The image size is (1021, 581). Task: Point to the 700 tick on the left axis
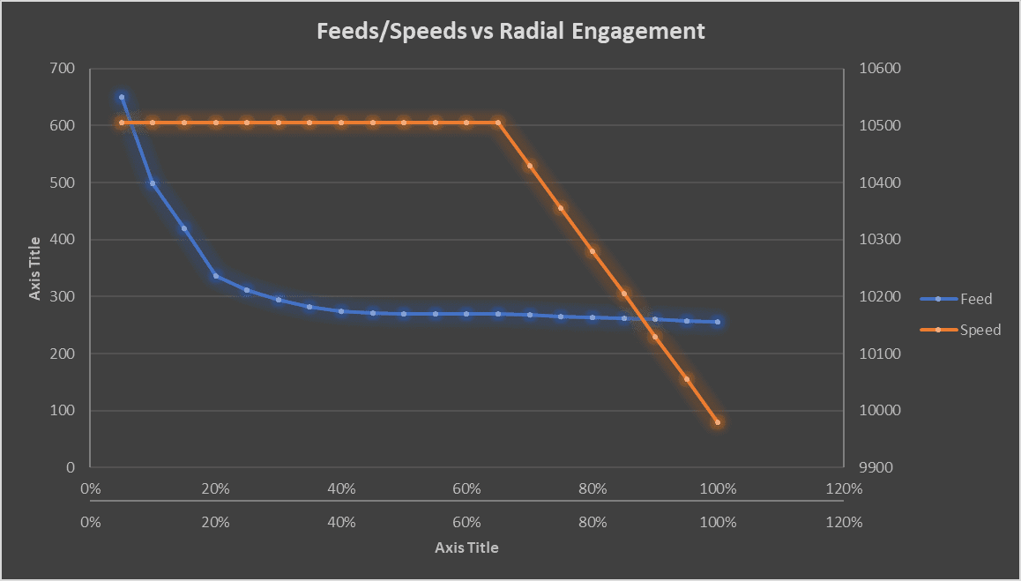(x=63, y=69)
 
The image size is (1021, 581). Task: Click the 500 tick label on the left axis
(x=63, y=182)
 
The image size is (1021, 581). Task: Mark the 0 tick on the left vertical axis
(x=71, y=467)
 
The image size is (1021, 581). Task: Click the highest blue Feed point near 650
(x=122, y=97)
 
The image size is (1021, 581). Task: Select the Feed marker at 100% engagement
(x=718, y=322)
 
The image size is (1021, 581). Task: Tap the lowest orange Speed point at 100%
(x=718, y=422)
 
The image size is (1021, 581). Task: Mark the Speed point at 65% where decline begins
(x=498, y=123)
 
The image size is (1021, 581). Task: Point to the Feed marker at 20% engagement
(x=216, y=276)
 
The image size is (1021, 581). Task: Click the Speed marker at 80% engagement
(x=592, y=251)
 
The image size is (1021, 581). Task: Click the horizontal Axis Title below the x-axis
(x=466, y=547)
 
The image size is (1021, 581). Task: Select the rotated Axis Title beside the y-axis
(x=35, y=268)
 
